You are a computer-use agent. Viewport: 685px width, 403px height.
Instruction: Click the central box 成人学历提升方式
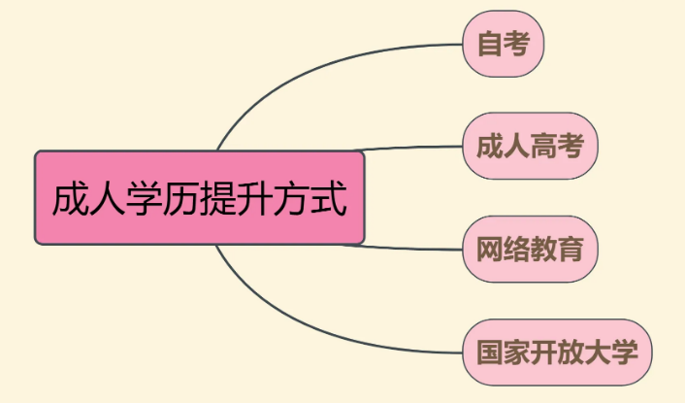click(199, 198)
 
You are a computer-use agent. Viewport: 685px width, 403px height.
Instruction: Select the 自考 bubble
click(503, 44)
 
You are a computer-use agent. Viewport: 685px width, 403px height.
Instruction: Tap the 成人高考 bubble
click(529, 147)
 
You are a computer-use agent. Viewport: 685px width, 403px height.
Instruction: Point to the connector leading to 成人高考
click(412, 148)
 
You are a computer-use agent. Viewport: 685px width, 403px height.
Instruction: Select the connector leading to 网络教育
click(412, 248)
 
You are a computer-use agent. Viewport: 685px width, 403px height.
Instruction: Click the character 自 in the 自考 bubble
click(489, 44)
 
